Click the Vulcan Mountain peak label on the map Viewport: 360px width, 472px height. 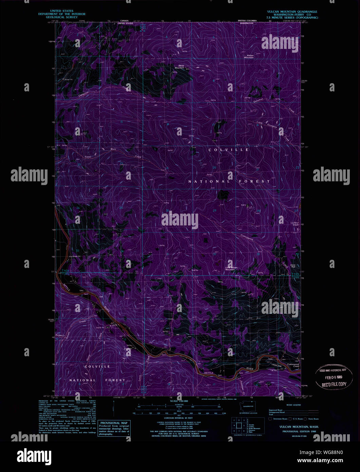pos(249,56)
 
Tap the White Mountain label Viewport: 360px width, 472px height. pos(179,67)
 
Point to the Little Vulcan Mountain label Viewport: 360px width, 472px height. pos(231,269)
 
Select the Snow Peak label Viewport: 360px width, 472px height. pos(293,266)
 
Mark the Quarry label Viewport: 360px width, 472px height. pos(243,205)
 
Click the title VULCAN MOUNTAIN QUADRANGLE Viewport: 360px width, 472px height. pos(292,12)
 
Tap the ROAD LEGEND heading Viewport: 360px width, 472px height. pos(293,405)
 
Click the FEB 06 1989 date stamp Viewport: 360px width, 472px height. pos(334,377)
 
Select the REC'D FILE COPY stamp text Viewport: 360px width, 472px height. pos(334,384)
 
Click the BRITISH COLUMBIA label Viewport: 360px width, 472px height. pos(247,21)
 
